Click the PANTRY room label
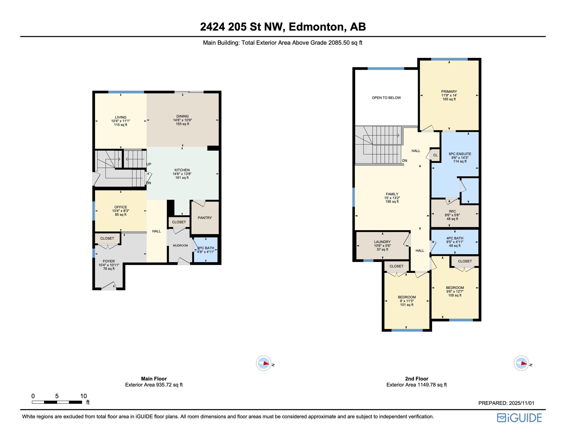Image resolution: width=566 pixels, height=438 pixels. [205, 218]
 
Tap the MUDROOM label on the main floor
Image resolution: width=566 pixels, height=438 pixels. [180, 245]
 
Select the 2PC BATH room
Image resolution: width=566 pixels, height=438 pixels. [206, 250]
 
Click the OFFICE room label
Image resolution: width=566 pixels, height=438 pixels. [121, 207]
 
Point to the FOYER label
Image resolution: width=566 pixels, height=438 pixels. [109, 261]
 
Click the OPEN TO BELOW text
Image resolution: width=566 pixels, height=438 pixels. [386, 98]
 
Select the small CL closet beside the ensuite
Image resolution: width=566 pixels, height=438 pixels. [435, 155]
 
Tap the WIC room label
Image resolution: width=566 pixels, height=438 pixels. [452, 211]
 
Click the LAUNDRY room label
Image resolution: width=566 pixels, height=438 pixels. [382, 242]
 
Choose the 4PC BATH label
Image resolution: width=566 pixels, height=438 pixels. [455, 238]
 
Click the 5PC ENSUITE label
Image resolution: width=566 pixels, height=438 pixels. [460, 154]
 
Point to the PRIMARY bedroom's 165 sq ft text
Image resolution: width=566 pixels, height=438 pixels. [449, 99]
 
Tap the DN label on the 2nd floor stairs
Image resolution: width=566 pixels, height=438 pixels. [405, 161]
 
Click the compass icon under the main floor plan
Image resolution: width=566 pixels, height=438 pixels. [264, 363]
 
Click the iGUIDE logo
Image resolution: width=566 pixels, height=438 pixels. [519, 418]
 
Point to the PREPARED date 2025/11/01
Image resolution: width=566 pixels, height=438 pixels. [521, 403]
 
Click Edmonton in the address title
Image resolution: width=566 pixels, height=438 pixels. [317, 27]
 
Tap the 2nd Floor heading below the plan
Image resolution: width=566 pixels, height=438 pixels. [416, 378]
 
